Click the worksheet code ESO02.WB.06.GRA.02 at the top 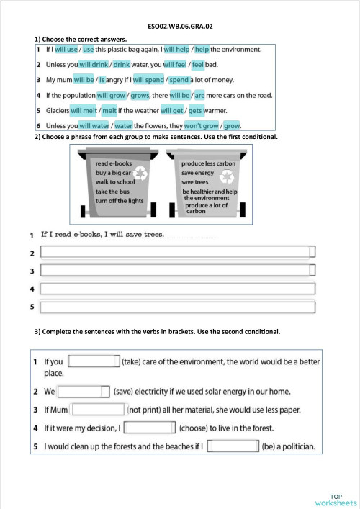(x=180, y=26)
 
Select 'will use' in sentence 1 (x=66, y=50)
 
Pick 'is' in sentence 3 (x=102, y=80)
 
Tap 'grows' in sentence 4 (x=140, y=95)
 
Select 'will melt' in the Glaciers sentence (x=84, y=111)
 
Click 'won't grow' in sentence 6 (x=202, y=126)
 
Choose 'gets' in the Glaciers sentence (x=195, y=111)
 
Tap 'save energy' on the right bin (x=198, y=174)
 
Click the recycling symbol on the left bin (x=143, y=174)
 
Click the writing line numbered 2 (x=178, y=253)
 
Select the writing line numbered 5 (x=178, y=307)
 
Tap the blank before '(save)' (x=84, y=392)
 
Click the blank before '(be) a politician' (x=233, y=446)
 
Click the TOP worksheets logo (x=336, y=499)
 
